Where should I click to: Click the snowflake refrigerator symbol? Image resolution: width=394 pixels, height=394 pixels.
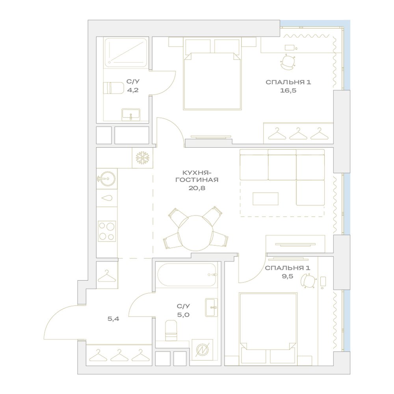[x=143, y=158]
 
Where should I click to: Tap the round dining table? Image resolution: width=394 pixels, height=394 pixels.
[x=195, y=233]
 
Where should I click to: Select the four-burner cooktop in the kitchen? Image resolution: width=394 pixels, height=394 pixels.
[x=107, y=231]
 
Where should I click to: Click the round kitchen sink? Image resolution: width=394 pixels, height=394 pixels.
[x=106, y=178]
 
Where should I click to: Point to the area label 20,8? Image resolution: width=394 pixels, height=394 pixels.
[x=197, y=188]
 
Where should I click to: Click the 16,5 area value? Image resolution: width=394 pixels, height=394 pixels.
[x=288, y=91]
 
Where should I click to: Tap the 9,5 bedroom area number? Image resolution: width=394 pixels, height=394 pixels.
[x=288, y=277]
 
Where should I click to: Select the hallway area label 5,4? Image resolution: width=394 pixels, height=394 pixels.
[x=113, y=319]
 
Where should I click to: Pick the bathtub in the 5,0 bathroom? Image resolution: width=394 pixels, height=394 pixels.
[x=186, y=275]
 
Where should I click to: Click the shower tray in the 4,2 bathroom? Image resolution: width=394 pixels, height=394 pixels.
[x=126, y=52]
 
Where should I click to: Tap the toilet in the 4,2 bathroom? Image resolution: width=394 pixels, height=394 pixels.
[x=113, y=88]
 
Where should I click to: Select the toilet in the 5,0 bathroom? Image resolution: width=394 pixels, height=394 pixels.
[x=171, y=331]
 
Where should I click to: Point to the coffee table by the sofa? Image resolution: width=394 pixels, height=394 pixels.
[x=265, y=199]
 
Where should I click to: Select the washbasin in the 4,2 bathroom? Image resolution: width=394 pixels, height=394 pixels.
[x=131, y=115]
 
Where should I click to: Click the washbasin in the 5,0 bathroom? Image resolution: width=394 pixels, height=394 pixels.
[x=211, y=307]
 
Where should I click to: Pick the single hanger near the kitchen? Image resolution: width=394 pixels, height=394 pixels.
[x=107, y=276]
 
